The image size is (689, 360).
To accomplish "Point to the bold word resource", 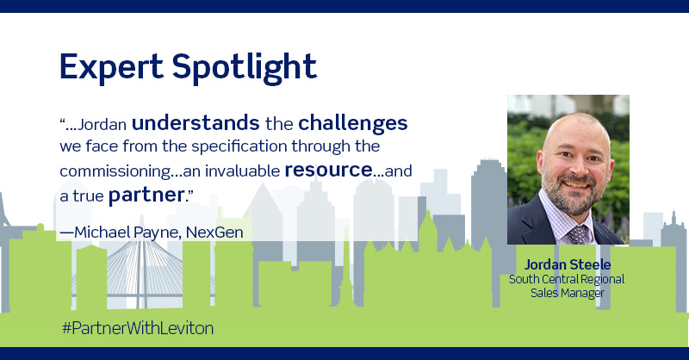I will pyautogui.click(x=328, y=170).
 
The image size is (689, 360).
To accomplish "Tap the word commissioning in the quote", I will pyautogui.click(x=115, y=171).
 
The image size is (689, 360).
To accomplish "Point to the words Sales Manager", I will pyautogui.click(x=567, y=293).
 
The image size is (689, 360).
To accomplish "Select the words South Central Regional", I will pyautogui.click(x=567, y=278).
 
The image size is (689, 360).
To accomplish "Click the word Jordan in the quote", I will pyautogui.click(x=101, y=123).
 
